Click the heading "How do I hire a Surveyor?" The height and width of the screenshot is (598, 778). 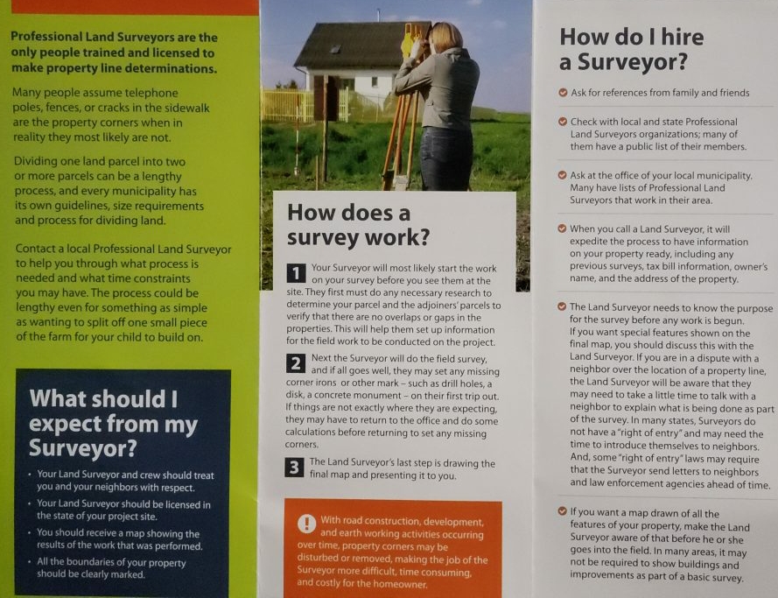pos(631,50)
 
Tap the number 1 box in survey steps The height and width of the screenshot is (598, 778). pos(295,273)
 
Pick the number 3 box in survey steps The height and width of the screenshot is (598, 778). pos(295,468)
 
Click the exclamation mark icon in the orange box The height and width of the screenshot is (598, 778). pos(305,523)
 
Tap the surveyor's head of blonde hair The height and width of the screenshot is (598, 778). pos(444,37)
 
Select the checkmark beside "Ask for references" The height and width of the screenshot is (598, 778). pos(563,92)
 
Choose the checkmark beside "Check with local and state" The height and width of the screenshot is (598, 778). pos(563,121)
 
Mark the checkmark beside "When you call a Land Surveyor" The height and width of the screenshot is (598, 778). pos(563,229)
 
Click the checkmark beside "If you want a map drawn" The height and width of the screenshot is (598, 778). pos(563,512)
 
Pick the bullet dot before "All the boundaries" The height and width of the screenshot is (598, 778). pos(30,563)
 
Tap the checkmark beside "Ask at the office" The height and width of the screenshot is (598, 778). pos(563,175)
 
